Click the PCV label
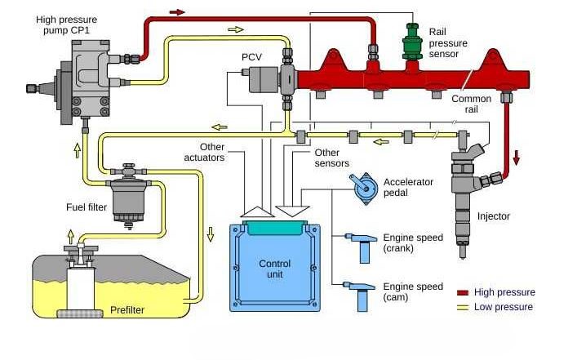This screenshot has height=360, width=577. point(251,58)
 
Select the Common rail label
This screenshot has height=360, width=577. point(472,104)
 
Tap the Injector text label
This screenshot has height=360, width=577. point(493,216)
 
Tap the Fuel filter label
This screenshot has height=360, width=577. point(87,207)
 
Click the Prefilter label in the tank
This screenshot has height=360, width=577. point(128,310)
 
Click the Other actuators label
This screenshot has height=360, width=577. point(205,153)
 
